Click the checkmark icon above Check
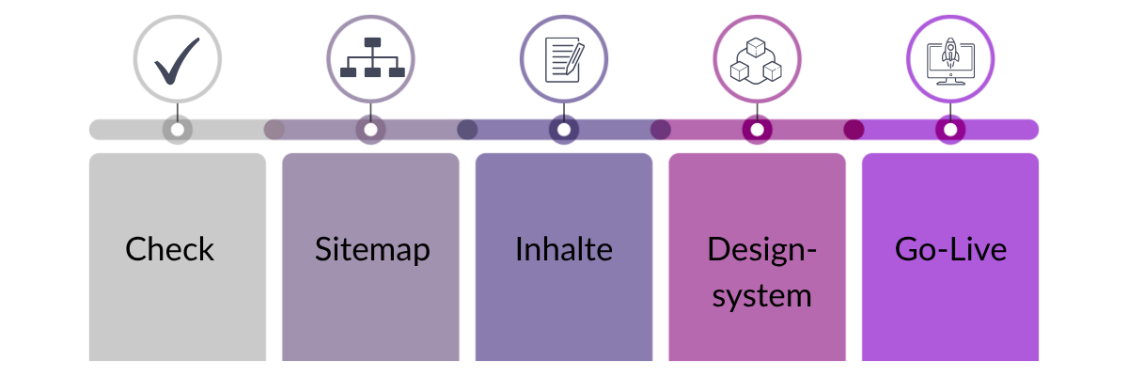[x=177, y=59]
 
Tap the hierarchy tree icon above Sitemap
[x=370, y=59]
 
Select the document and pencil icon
[x=564, y=59]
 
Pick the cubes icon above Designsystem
[x=757, y=59]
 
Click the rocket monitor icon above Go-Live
[x=950, y=59]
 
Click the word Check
[x=170, y=250]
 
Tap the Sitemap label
[x=372, y=250]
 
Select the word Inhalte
[x=564, y=250]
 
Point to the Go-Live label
[x=950, y=250]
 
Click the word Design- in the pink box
[x=762, y=250]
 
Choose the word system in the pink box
[x=761, y=296]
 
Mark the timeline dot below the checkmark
[x=177, y=130]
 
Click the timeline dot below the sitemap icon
[x=370, y=130]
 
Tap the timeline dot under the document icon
[x=564, y=130]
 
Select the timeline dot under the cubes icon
[x=757, y=130]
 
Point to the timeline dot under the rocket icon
[x=950, y=130]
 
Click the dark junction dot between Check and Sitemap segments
[x=274, y=130]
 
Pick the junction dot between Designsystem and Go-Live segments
[x=854, y=130]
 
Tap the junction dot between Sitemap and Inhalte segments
[x=467, y=130]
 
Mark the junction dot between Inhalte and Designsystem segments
[x=661, y=130]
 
